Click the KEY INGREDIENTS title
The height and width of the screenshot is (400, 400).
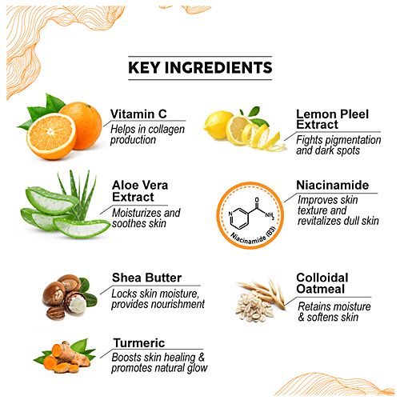tap(200, 68)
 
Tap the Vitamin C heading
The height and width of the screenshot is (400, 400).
tap(138, 114)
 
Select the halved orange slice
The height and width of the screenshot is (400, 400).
tap(51, 136)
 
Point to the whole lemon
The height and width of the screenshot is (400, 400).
tap(216, 125)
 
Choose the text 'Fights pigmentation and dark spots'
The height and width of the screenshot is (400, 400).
tap(338, 145)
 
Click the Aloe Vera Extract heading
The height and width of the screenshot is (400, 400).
tap(140, 191)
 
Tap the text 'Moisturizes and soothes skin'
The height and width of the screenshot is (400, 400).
tap(146, 218)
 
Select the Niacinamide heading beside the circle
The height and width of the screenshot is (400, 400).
tap(333, 185)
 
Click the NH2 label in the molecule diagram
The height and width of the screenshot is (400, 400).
tap(270, 215)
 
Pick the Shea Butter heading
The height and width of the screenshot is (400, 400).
tap(146, 278)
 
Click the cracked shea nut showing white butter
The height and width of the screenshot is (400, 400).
tap(75, 303)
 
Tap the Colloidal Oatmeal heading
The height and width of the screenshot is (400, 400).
tap(322, 283)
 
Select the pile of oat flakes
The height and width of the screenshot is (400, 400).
tap(254, 307)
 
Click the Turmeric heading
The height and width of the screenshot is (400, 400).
tap(139, 343)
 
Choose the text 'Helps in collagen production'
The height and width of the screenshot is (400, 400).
tap(147, 134)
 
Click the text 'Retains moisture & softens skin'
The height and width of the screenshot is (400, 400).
tap(334, 312)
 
